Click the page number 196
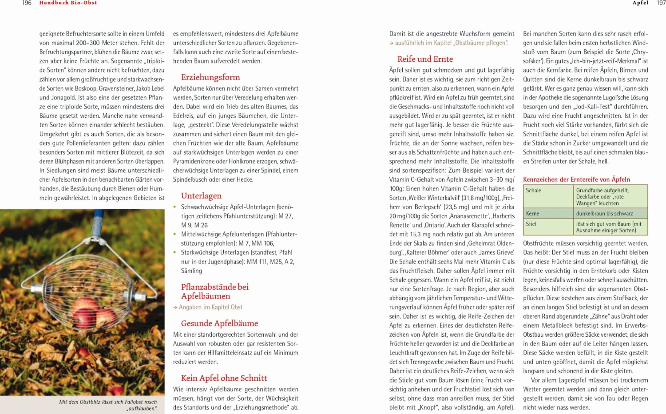coord(27,3)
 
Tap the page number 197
coord(661,3)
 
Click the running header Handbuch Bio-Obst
coord(68,3)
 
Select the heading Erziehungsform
coord(210,77)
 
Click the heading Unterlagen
coord(201,196)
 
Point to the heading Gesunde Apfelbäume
coord(219,323)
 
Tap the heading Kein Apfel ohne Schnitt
coord(224,378)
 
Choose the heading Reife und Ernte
coord(425,59)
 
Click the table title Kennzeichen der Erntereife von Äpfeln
coord(576,179)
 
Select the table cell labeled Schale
coord(534,191)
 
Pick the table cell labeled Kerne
coord(532,214)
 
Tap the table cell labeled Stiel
coord(531,224)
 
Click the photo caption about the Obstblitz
coord(108,405)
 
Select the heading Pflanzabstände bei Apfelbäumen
coord(214,291)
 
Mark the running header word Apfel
coord(640,3)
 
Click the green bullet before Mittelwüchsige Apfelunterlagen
coord(175,234)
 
